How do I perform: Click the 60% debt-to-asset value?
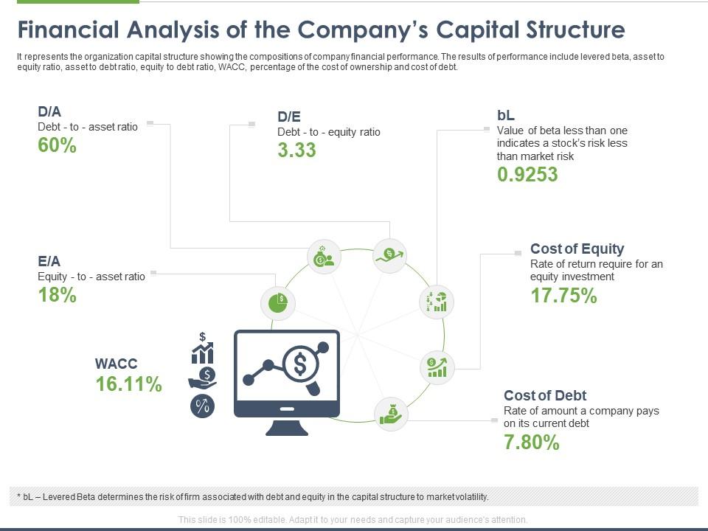click(58, 145)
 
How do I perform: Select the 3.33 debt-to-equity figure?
click(296, 150)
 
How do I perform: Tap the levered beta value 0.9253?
click(527, 175)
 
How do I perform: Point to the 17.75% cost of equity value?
click(563, 296)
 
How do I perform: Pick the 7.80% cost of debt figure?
click(532, 442)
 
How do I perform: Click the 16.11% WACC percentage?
click(128, 384)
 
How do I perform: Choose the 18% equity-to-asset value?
click(58, 295)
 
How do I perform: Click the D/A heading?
click(49, 111)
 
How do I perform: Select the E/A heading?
click(49, 261)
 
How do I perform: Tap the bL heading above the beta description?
click(506, 116)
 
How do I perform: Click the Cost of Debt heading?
click(545, 395)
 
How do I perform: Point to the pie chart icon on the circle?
click(278, 303)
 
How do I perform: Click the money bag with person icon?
click(324, 257)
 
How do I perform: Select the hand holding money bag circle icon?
click(391, 414)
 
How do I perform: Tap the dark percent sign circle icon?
click(202, 406)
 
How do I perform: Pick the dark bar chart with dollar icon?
click(202, 348)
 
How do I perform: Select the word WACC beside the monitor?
click(116, 364)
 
